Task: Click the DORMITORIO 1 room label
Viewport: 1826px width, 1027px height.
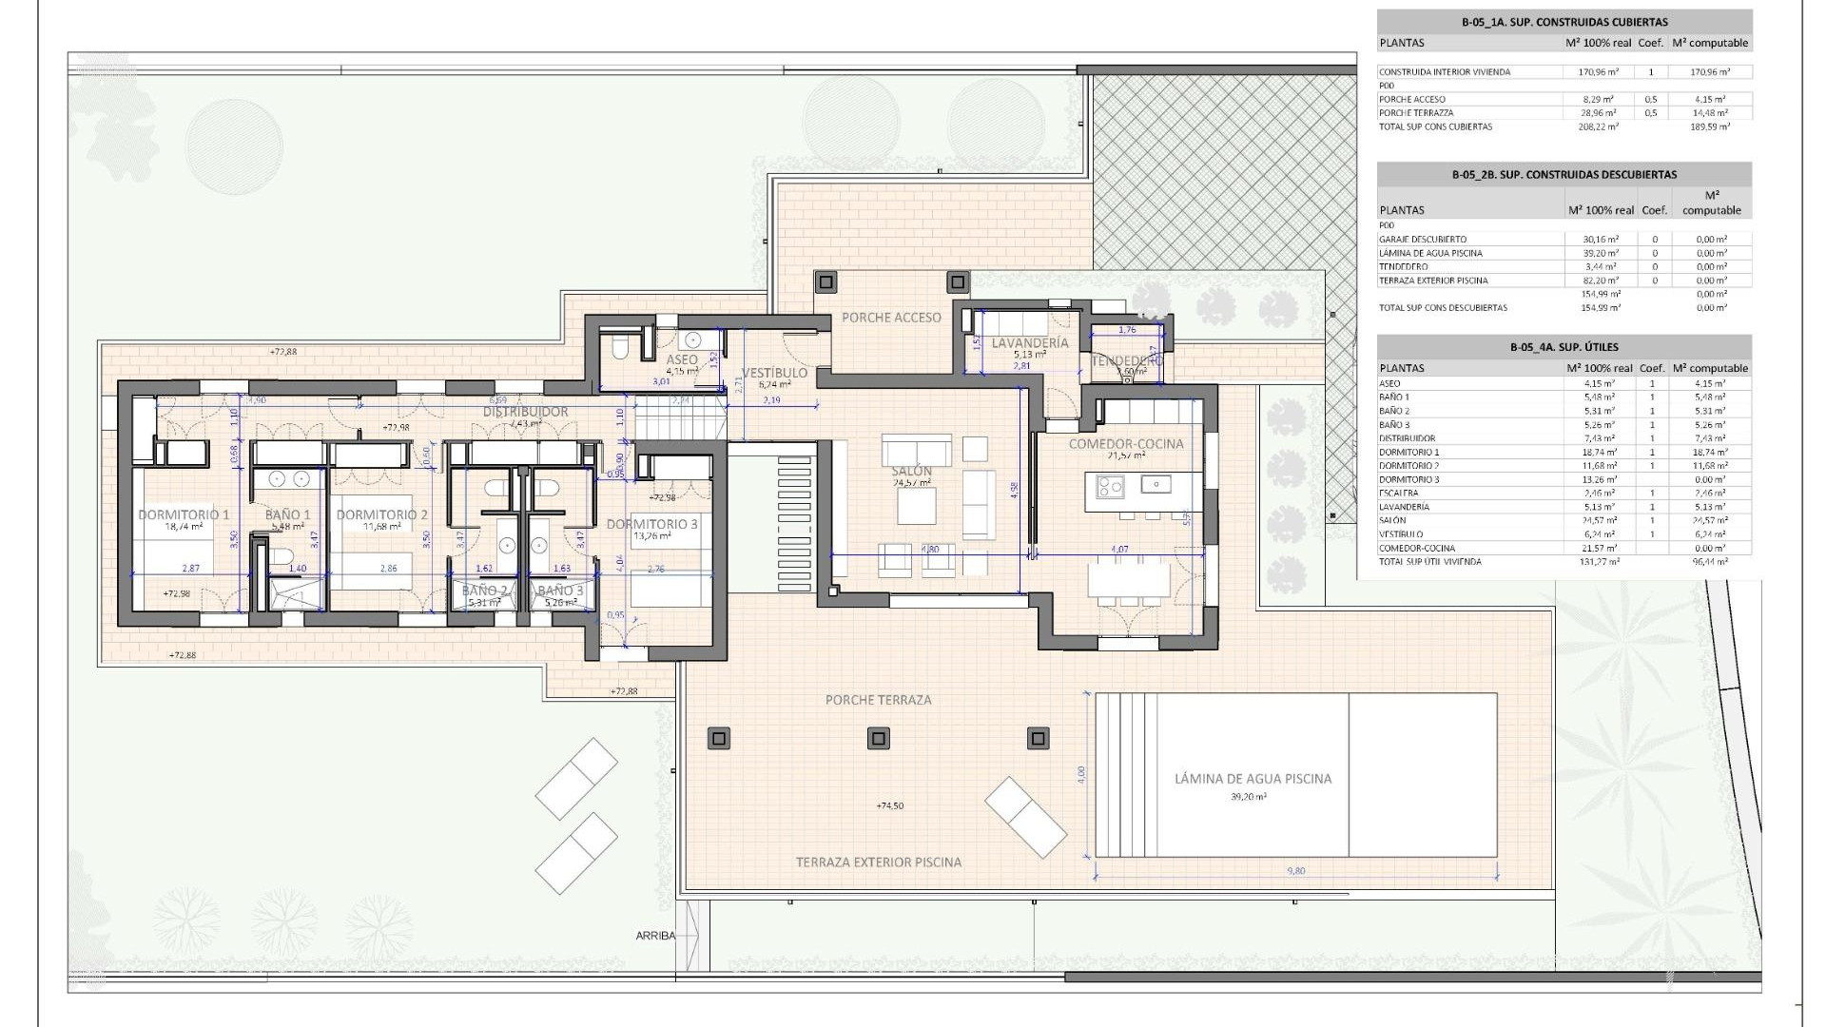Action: pyautogui.click(x=184, y=514)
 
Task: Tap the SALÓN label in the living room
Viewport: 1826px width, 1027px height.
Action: pyautogui.click(x=911, y=472)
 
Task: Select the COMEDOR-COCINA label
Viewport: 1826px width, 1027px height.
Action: pyautogui.click(x=1126, y=444)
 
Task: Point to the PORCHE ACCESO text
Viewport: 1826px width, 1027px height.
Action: pyautogui.click(x=891, y=318)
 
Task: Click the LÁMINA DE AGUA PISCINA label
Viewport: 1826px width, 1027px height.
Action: pyautogui.click(x=1253, y=779)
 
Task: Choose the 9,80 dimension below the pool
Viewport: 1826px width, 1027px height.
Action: pyautogui.click(x=1296, y=871)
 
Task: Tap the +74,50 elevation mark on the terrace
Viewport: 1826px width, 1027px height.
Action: pyautogui.click(x=889, y=806)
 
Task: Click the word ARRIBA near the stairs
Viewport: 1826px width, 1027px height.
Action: pyautogui.click(x=655, y=936)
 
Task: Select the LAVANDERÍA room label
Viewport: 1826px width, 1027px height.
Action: pyautogui.click(x=1030, y=343)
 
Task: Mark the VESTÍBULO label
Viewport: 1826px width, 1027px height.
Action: pyautogui.click(x=775, y=373)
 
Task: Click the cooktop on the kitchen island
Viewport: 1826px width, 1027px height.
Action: pyautogui.click(x=1110, y=487)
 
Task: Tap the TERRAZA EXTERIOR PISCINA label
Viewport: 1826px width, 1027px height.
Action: pyautogui.click(x=878, y=862)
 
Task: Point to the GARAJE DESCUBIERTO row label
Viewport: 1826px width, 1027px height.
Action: pyautogui.click(x=1423, y=240)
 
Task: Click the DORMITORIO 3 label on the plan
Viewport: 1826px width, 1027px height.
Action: pyautogui.click(x=651, y=524)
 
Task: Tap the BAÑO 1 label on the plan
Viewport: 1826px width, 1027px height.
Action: pyautogui.click(x=288, y=514)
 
